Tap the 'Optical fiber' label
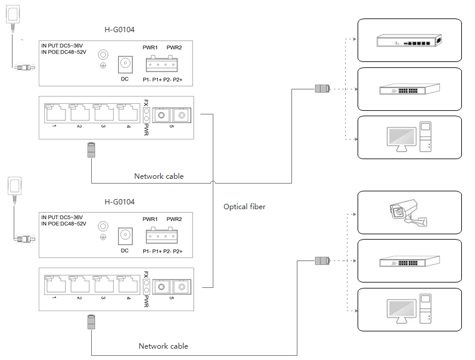click(244, 207)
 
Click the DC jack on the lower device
click(125, 235)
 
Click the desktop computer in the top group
click(409, 137)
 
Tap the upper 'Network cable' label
click(159, 176)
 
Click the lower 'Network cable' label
click(163, 346)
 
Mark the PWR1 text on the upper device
click(150, 48)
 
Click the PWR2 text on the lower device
click(174, 219)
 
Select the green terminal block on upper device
click(162, 64)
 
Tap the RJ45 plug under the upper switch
click(91, 150)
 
